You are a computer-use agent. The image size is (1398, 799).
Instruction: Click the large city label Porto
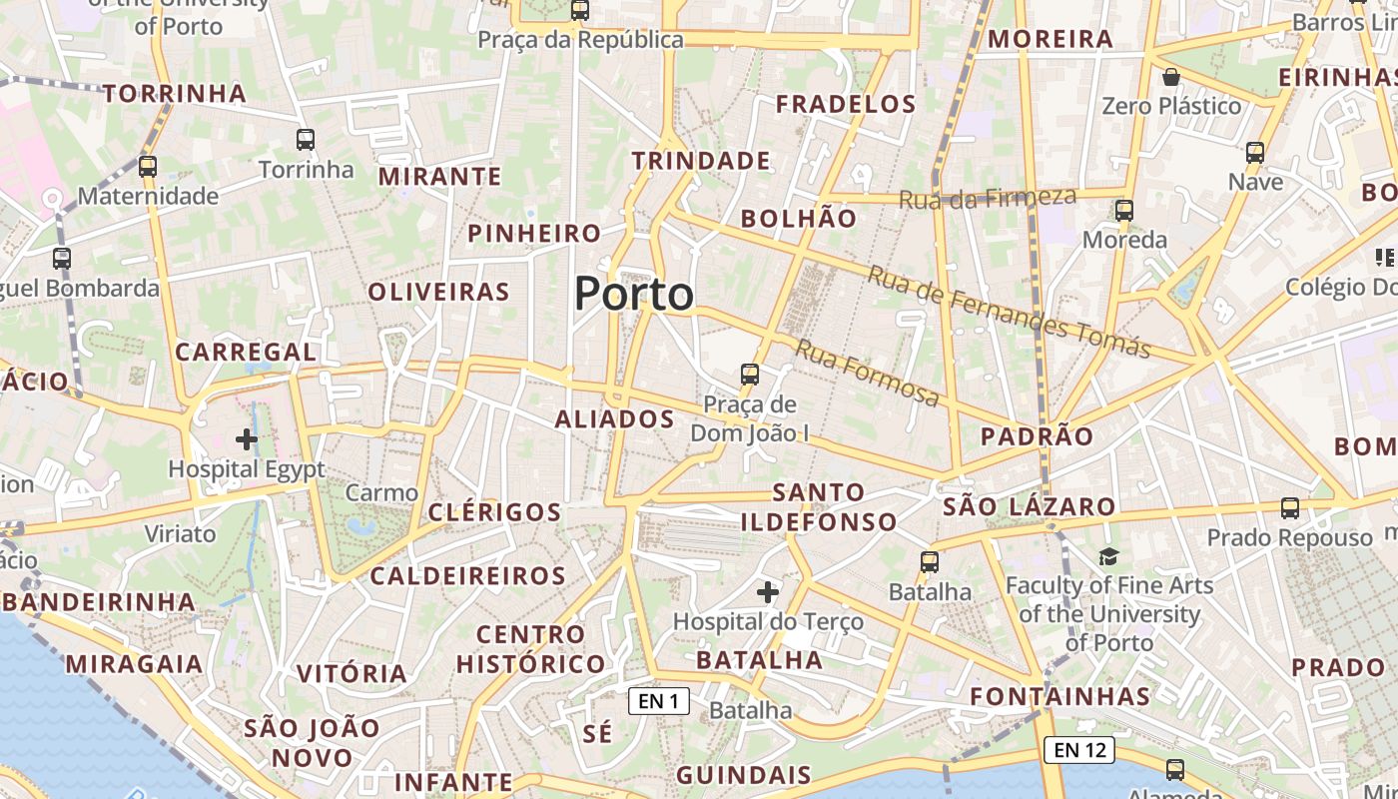(634, 294)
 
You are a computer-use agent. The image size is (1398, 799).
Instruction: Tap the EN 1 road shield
(659, 701)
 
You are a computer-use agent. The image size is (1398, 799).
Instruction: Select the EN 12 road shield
(1080, 749)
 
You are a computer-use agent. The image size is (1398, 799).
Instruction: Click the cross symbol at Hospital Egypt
(247, 438)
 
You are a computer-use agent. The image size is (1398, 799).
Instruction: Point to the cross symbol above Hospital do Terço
(767, 592)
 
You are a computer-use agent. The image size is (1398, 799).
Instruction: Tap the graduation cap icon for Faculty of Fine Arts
(1108, 556)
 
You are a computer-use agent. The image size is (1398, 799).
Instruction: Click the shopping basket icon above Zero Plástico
(1171, 77)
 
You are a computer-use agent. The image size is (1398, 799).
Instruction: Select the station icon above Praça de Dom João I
(749, 375)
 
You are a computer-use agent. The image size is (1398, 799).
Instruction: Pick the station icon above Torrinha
(306, 140)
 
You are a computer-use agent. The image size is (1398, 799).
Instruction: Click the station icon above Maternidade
(148, 167)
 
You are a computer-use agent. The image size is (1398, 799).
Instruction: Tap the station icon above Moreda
(1124, 211)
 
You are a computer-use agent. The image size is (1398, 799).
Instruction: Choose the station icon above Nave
(1255, 153)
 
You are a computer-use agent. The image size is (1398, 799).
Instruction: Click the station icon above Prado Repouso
(1290, 508)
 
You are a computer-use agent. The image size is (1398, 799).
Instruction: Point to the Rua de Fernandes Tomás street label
(1009, 312)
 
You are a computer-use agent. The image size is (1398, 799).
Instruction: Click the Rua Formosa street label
(867, 374)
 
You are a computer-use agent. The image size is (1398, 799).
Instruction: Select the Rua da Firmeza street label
(988, 198)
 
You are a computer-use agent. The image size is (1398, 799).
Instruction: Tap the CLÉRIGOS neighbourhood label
(494, 512)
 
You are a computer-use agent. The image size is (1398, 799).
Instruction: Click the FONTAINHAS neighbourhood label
(1060, 696)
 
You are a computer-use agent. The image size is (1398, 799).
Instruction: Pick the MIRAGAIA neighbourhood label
(134, 664)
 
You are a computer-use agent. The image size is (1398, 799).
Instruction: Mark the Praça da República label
(580, 40)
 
